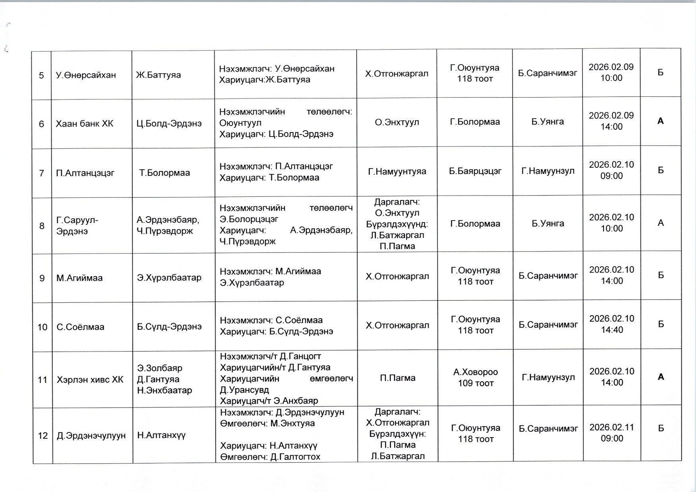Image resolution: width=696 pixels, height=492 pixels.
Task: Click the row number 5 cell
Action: point(41,75)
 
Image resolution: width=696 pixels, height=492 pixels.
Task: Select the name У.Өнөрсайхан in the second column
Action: point(86,75)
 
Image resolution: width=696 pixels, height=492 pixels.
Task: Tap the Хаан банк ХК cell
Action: point(85,124)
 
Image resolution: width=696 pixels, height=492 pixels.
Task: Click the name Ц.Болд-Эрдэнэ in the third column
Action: point(169,124)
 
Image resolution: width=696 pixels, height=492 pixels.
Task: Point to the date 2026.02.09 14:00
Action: point(611,121)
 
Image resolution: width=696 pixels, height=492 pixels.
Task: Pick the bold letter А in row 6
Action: point(660,121)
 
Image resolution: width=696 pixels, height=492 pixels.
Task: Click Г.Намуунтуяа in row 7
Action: point(397,171)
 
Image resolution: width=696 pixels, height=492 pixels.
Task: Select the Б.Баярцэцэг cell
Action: point(475,171)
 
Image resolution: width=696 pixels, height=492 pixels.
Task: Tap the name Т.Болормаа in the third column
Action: point(164,173)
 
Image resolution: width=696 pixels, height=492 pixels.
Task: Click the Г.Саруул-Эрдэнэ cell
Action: point(77,225)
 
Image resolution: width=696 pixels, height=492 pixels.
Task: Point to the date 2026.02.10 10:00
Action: point(611,223)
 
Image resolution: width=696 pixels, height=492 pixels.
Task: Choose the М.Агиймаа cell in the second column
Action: point(79,278)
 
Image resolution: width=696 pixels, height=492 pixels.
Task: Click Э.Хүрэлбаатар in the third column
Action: point(169,278)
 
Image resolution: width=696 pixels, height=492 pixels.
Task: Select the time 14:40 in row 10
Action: point(612,330)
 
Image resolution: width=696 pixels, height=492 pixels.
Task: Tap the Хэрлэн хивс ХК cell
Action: point(90,380)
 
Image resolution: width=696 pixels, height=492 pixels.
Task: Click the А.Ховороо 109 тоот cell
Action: point(475,377)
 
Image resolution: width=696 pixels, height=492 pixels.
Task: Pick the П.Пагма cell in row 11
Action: point(397,378)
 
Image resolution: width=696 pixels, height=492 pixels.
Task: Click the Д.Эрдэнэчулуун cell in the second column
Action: point(91,436)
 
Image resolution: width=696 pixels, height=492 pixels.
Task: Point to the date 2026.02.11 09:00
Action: point(612,432)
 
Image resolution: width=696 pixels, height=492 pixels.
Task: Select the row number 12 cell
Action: point(42,436)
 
